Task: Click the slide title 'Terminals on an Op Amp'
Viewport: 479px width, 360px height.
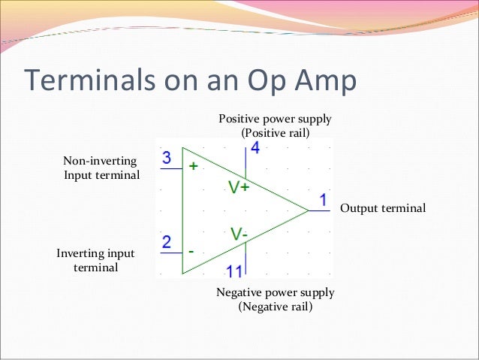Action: point(190,82)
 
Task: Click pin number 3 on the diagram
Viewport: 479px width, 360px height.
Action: point(167,158)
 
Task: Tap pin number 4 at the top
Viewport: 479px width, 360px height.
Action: point(255,149)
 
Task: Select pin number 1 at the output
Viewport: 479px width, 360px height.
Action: point(323,201)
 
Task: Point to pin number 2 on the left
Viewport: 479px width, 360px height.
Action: point(167,242)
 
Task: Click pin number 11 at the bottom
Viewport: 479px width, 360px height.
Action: point(235,271)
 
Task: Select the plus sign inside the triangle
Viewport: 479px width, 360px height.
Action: point(192,167)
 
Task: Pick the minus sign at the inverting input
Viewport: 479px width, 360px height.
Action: point(191,250)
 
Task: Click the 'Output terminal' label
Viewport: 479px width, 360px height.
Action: point(383,208)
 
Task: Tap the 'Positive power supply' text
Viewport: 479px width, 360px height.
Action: point(275,119)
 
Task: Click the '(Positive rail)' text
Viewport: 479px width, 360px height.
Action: point(275,133)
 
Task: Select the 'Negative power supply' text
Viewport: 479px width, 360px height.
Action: point(275,292)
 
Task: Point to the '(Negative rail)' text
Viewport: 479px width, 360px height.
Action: point(275,307)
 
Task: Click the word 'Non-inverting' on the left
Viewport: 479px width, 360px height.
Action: point(99,161)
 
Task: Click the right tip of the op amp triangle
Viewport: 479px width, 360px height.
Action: point(308,210)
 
